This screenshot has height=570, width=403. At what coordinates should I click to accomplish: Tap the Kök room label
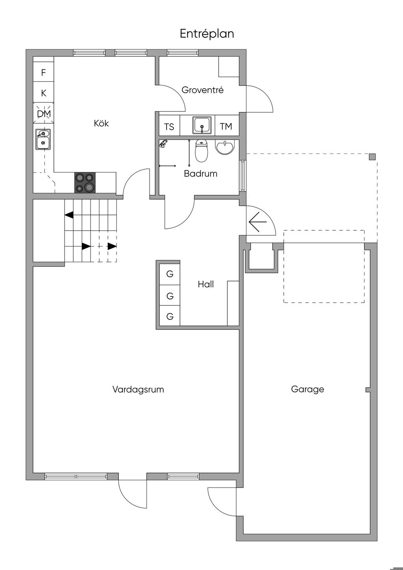click(x=101, y=124)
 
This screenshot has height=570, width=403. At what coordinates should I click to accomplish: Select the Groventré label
click(x=203, y=90)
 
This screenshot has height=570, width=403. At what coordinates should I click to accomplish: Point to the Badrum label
click(x=200, y=174)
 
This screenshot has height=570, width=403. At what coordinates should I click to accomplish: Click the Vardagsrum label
click(x=138, y=389)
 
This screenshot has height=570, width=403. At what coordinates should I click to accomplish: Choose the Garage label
click(x=308, y=389)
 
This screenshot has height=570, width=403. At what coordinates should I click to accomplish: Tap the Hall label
click(x=205, y=284)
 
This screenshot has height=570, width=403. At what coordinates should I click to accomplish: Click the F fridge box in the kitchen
click(x=44, y=72)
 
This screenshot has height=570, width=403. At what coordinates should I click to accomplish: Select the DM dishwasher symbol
click(x=44, y=113)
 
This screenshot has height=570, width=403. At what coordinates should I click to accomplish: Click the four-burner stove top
click(x=85, y=182)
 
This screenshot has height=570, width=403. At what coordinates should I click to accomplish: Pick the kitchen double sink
click(x=43, y=139)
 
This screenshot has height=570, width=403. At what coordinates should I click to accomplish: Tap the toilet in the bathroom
click(x=202, y=152)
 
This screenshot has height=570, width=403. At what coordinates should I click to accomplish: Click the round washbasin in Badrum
click(x=224, y=148)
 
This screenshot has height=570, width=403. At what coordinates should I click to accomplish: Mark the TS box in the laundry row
click(x=169, y=126)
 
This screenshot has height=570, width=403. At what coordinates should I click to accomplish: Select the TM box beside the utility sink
click(x=226, y=126)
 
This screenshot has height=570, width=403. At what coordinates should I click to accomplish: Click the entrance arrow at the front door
click(x=257, y=222)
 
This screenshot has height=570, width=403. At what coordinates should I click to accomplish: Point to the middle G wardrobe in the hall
click(x=170, y=296)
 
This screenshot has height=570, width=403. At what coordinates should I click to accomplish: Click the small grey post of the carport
click(x=372, y=157)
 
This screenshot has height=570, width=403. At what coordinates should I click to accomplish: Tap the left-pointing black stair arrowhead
click(x=69, y=215)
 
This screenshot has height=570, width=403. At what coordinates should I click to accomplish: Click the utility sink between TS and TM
click(x=202, y=125)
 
